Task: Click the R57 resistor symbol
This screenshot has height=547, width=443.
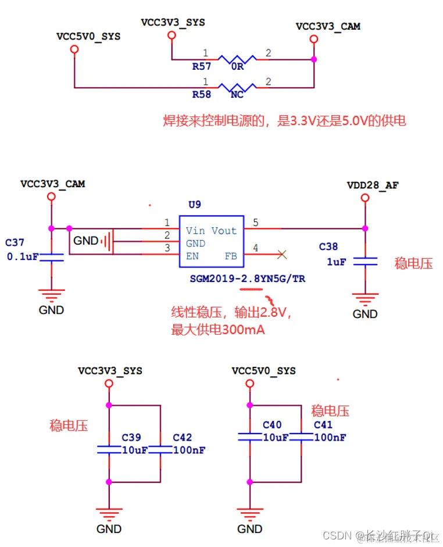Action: pyautogui.click(x=237, y=59)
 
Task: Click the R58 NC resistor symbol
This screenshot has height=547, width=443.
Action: pyautogui.click(x=237, y=88)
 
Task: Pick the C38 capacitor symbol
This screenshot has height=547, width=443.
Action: pyautogui.click(x=365, y=262)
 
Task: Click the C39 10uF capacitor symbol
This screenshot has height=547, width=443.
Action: pyautogui.click(x=109, y=449)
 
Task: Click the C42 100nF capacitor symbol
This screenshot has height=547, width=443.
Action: pyautogui.click(x=160, y=449)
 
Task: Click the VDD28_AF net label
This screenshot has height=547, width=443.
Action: pyautogui.click(x=373, y=185)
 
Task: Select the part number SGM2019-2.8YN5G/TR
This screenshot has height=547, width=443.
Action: pyautogui.click(x=248, y=279)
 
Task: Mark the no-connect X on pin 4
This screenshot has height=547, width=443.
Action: pyautogui.click(x=282, y=254)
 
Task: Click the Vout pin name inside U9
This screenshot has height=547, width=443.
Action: pyautogui.click(x=224, y=231)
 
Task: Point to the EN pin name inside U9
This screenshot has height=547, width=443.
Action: pyautogui.click(x=192, y=256)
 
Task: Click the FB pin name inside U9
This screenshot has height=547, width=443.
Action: pyautogui.click(x=230, y=256)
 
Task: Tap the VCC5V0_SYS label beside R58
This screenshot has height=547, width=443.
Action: pyautogui.click(x=88, y=36)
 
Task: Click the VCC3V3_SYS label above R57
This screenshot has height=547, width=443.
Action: pyautogui.click(x=173, y=23)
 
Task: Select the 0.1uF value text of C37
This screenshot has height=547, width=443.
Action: pyautogui.click(x=23, y=256)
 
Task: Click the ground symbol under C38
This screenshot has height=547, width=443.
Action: pyautogui.click(x=365, y=301)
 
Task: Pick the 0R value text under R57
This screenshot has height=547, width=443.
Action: pyautogui.click(x=237, y=66)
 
